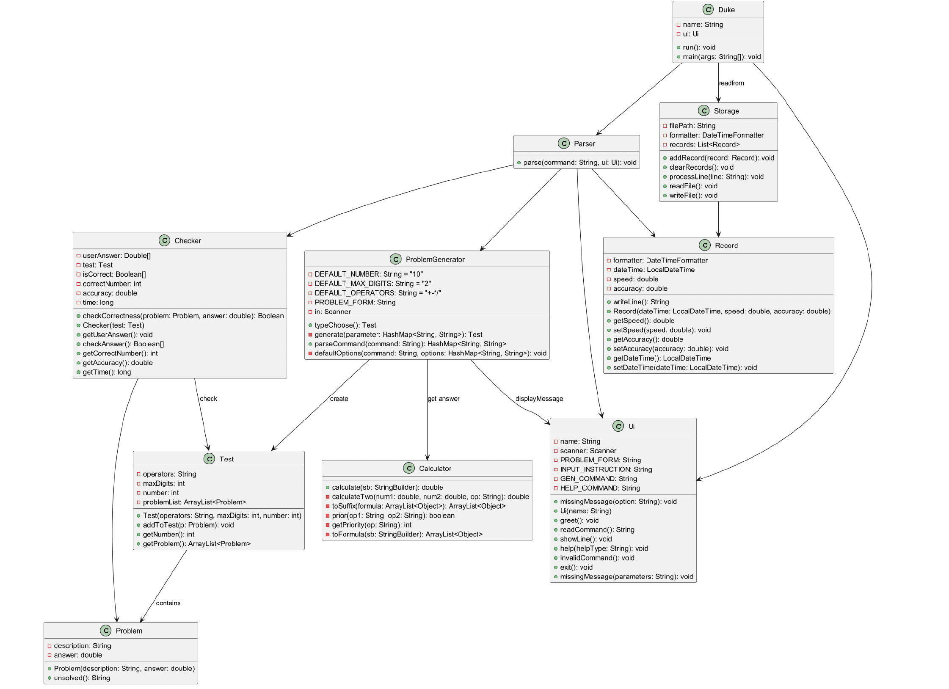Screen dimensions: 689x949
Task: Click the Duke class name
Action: (x=726, y=10)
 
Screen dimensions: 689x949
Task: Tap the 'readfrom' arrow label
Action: (x=731, y=83)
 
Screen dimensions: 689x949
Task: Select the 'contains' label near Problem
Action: (x=168, y=603)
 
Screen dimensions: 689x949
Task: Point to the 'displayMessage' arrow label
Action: (x=539, y=399)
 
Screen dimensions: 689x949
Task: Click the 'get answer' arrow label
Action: (x=443, y=399)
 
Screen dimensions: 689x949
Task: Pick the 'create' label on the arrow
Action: (x=339, y=399)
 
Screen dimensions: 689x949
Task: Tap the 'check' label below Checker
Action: (x=208, y=399)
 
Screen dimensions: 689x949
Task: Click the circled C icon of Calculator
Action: (x=408, y=468)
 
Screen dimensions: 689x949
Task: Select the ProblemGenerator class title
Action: (x=435, y=259)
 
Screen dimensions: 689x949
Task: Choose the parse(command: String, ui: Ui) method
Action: (x=579, y=163)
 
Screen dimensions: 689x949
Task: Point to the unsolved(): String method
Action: (x=82, y=678)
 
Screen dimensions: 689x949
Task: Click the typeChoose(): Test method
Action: (x=345, y=325)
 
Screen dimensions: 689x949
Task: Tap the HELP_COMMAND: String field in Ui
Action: (x=599, y=488)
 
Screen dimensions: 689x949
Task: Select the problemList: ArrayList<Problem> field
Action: (x=194, y=502)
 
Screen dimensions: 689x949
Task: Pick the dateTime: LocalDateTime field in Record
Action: (x=654, y=270)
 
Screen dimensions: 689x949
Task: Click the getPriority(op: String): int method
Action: (x=371, y=525)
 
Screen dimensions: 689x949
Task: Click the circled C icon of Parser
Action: (x=563, y=143)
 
